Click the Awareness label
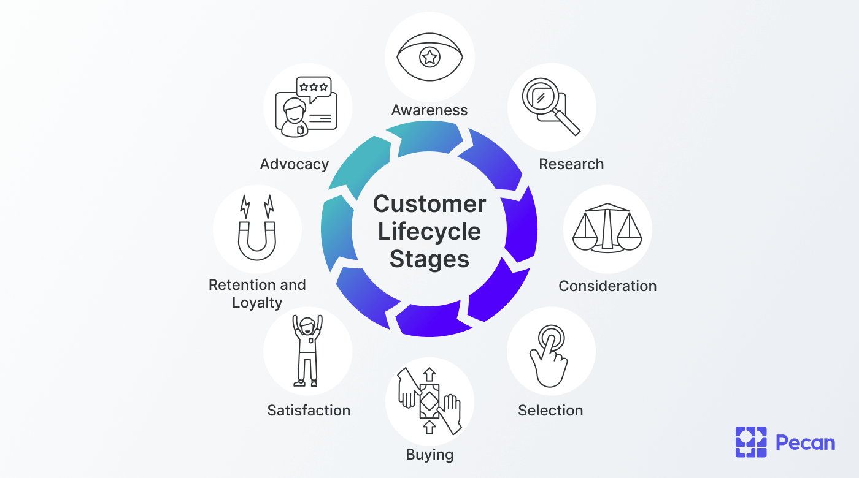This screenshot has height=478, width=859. [429, 110]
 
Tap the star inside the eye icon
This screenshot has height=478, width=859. [429, 58]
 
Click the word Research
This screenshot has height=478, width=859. [571, 164]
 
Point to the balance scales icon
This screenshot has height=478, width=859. [607, 228]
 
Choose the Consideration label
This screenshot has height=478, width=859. [607, 286]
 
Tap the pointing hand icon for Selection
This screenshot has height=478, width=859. [550, 355]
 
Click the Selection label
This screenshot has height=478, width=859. [550, 411]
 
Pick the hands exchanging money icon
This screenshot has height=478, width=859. [429, 401]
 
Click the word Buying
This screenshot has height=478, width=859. [429, 455]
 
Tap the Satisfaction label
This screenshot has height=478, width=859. [309, 411]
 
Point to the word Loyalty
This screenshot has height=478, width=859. [257, 303]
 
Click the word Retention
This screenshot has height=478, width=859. [237, 285]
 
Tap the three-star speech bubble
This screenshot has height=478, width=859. [313, 87]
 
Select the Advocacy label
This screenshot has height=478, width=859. [295, 164]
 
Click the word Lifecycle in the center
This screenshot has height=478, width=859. [429, 232]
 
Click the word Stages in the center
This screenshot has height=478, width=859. [429, 259]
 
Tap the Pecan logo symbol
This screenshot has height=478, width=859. [751, 442]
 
